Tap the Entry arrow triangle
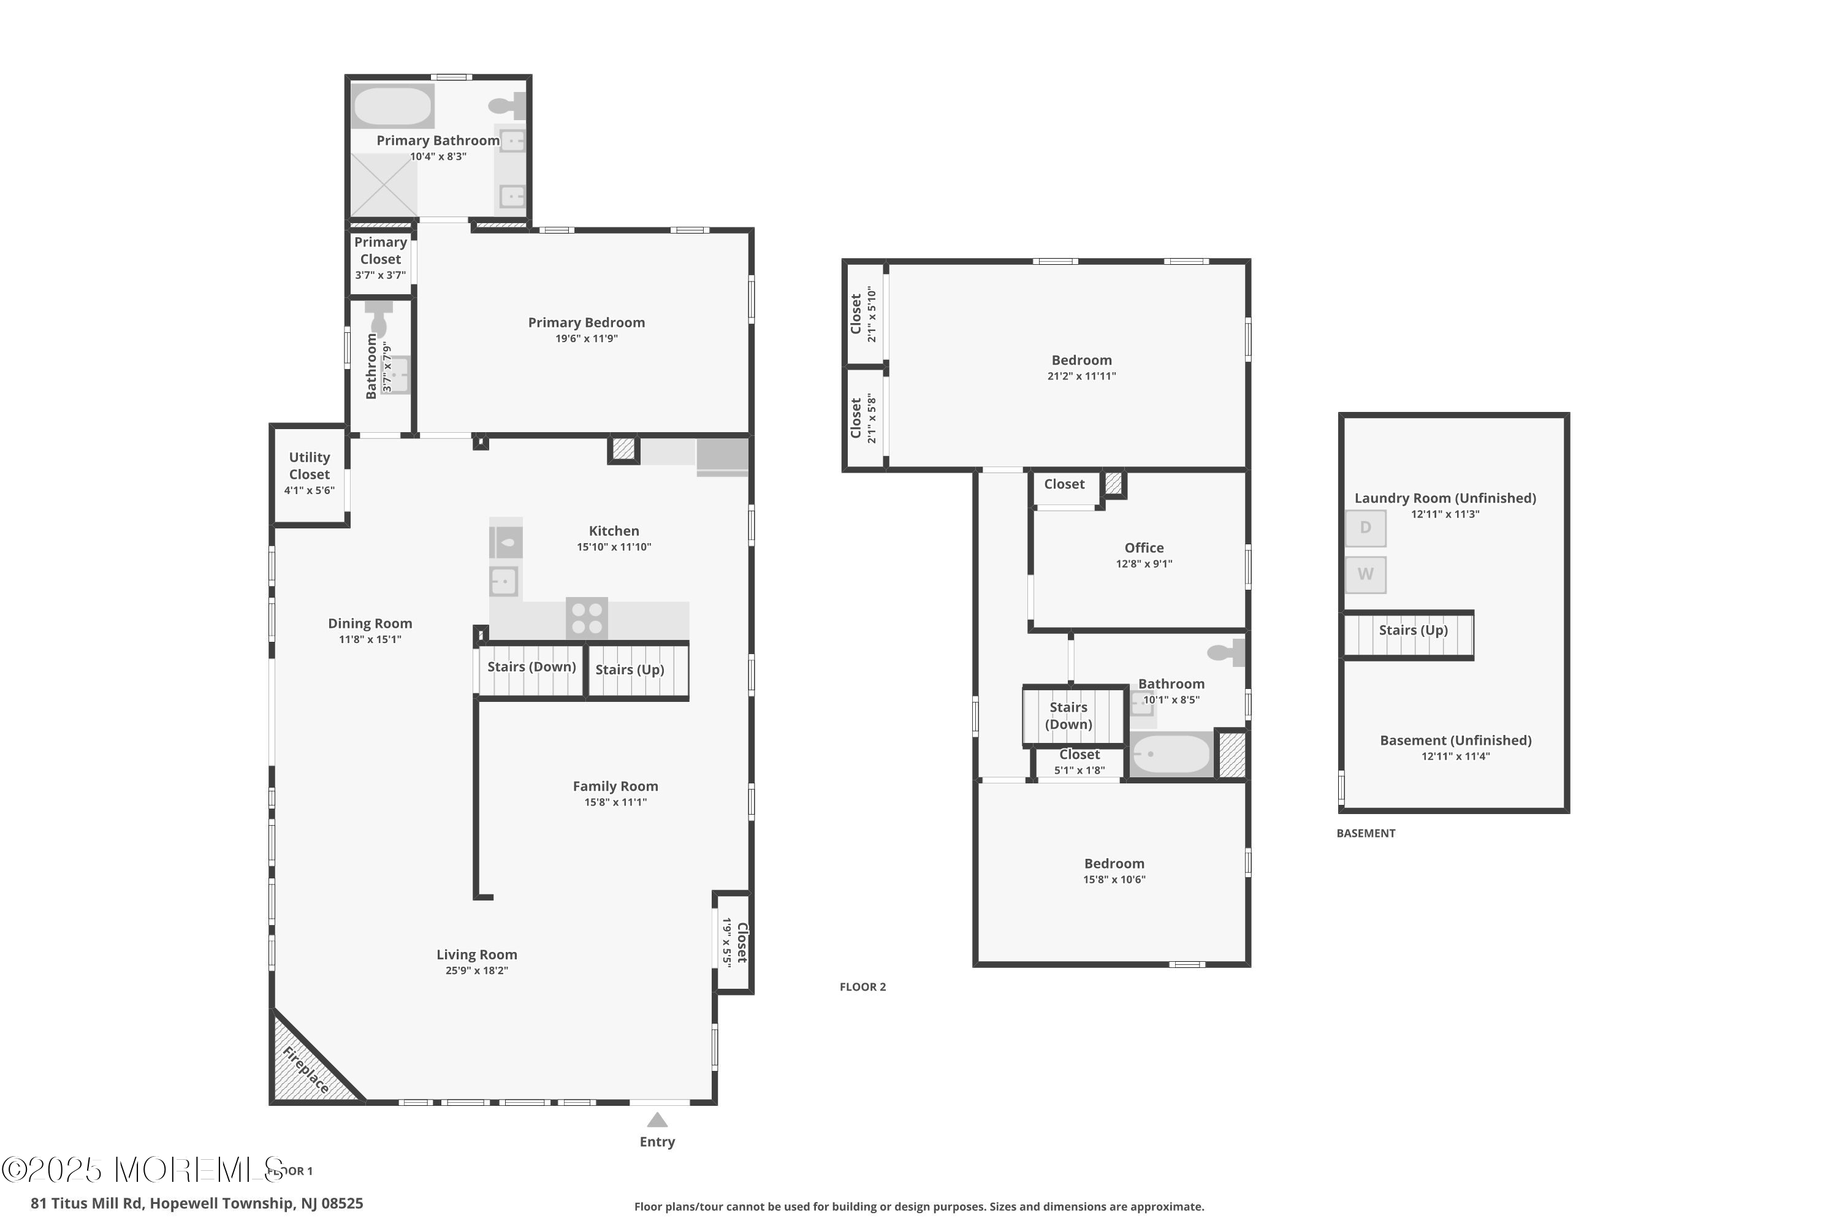click(x=657, y=1121)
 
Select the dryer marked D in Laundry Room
click(x=1365, y=528)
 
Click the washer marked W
click(x=1365, y=575)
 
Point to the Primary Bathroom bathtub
click(x=392, y=106)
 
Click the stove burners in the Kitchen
click(x=587, y=618)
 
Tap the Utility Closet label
click(x=310, y=466)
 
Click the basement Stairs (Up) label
click(x=1413, y=630)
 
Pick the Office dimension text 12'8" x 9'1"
click(x=1144, y=564)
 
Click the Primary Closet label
click(x=381, y=251)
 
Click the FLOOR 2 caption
click(x=862, y=987)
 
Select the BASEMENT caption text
click(x=1365, y=834)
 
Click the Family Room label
click(x=615, y=786)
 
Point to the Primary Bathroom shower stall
click(x=383, y=185)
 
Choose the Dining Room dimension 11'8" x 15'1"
click(x=370, y=639)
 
